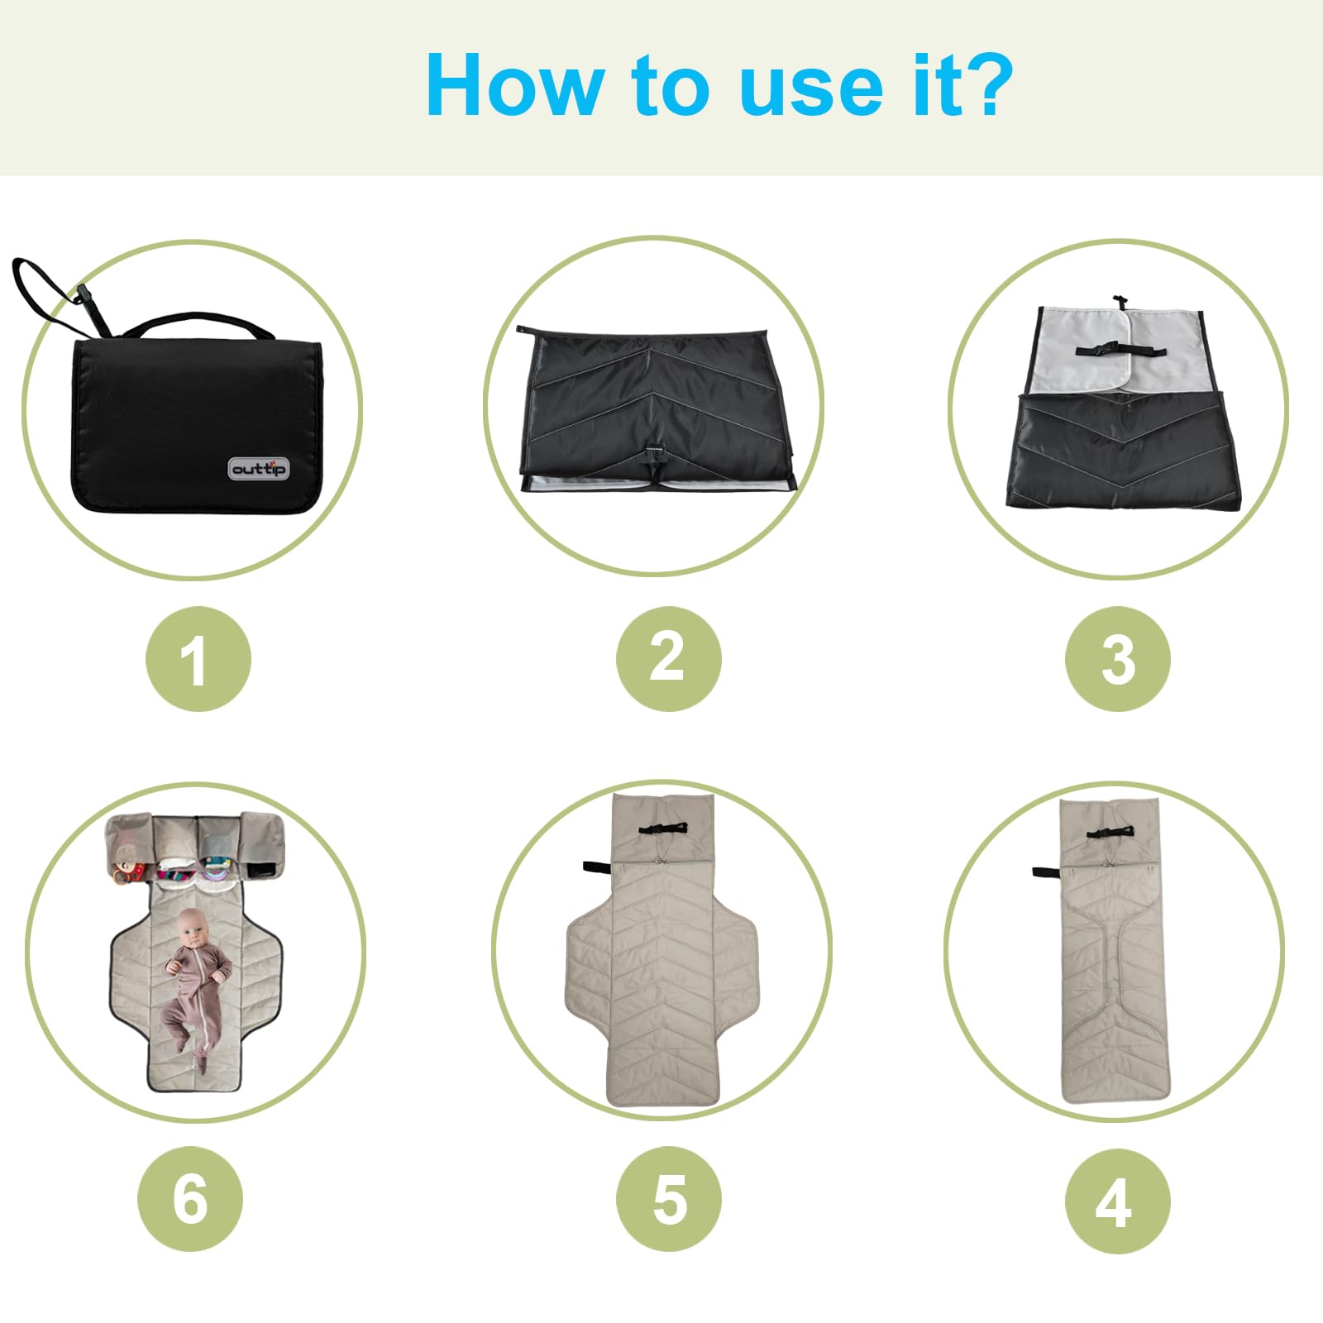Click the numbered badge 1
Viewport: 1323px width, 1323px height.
[198, 659]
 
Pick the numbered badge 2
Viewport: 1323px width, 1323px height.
[668, 659]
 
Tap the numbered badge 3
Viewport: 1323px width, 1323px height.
[1118, 659]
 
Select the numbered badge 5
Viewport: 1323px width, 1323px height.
[668, 1199]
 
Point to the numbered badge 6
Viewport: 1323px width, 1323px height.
[190, 1199]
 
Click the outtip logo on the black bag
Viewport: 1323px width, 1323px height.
[259, 469]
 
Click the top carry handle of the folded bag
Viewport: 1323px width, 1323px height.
[198, 322]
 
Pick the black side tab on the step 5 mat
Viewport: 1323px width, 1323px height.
[597, 867]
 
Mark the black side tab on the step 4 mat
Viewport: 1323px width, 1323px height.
[1046, 872]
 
